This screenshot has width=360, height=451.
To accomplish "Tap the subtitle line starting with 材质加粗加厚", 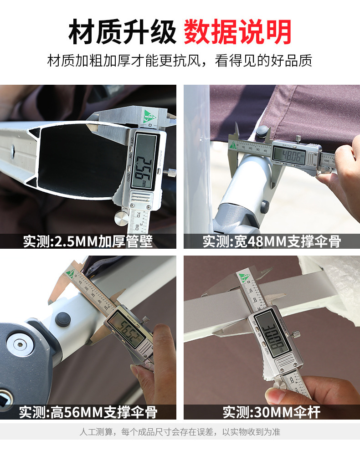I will [x=180, y=61].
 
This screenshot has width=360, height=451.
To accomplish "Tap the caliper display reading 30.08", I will [x=273, y=334].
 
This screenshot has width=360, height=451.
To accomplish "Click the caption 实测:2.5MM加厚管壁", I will [x=88, y=241].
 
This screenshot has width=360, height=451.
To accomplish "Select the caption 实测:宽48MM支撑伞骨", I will [x=272, y=241].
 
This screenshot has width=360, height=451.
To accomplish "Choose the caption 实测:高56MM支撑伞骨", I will [x=88, y=412].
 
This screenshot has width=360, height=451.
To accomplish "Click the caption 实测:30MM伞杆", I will [x=272, y=412].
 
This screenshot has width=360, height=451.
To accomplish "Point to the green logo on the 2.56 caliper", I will [x=149, y=116].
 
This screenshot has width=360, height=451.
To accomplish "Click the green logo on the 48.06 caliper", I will [x=233, y=145].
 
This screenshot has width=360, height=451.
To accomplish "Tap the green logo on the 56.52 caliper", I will [x=70, y=273].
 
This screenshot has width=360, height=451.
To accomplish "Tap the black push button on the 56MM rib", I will [x=62, y=319].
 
